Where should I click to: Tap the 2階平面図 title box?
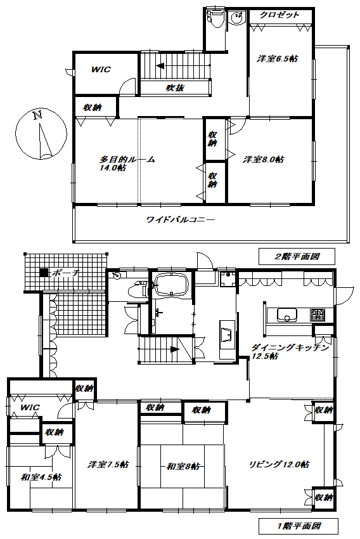pyautogui.click(x=297, y=257)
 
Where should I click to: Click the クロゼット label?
pyautogui.click(x=279, y=15)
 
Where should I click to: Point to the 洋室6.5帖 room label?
pyautogui.click(x=277, y=58)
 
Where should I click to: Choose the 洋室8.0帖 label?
pyautogui.click(x=264, y=160)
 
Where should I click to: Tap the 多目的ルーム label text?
pyautogui.click(x=127, y=160)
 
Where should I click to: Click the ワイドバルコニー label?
pyautogui.click(x=181, y=221)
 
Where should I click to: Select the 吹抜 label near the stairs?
pyautogui.click(x=175, y=88)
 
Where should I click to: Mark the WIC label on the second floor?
pyautogui.click(x=100, y=69)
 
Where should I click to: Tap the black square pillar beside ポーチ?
pyautogui.click(x=43, y=273)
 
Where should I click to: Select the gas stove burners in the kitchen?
pyautogui.click(x=318, y=314)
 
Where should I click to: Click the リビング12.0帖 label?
pyautogui.click(x=279, y=464)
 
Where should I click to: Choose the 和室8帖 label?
pyautogui.click(x=184, y=466)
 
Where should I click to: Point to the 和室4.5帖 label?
pyautogui.click(x=41, y=477)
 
